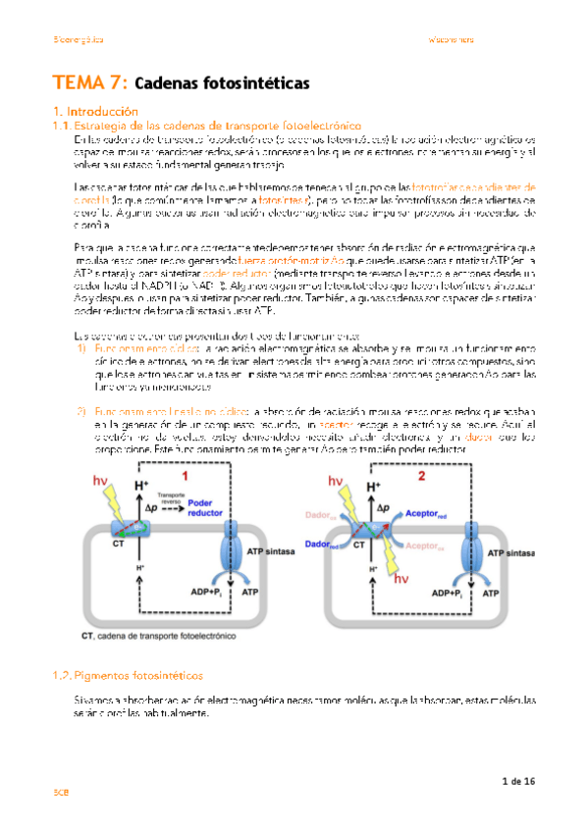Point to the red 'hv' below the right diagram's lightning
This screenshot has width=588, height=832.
pos(402,579)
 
